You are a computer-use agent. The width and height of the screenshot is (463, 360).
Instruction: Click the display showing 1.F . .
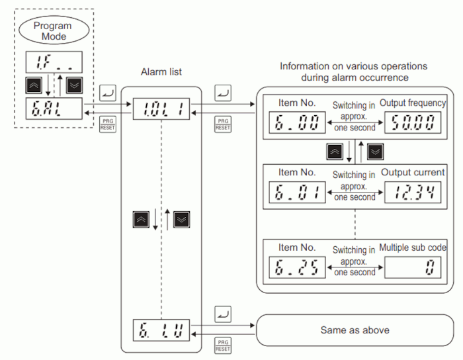(x=54, y=62)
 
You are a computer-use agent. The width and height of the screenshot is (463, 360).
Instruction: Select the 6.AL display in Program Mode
(x=54, y=109)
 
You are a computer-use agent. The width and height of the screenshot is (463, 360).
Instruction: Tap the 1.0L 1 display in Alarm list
(x=161, y=109)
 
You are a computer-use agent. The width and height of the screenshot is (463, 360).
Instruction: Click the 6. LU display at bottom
(x=161, y=328)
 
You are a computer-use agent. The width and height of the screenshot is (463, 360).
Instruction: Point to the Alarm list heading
(x=161, y=71)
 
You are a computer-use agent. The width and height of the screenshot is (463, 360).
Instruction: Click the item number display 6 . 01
(x=295, y=193)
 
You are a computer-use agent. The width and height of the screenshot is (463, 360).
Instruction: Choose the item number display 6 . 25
(x=295, y=268)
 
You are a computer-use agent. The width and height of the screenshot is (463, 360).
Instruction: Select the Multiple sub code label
(x=413, y=247)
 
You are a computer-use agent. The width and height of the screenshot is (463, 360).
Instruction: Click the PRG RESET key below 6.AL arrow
(x=108, y=124)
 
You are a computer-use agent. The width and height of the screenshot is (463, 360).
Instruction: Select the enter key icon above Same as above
(x=224, y=311)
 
